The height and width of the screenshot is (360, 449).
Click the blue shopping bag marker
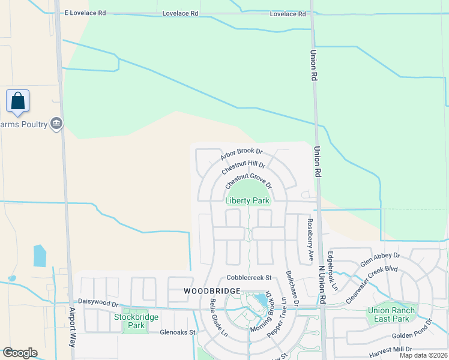[18, 101]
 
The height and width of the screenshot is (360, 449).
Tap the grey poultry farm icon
[56, 124]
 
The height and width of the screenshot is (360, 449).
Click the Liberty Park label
[247, 201]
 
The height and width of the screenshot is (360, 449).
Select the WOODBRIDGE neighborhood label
[212, 290]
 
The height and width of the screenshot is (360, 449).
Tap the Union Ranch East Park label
[391, 314]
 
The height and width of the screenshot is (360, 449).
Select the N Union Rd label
[322, 284]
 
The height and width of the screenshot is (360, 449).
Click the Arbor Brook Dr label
[241, 155]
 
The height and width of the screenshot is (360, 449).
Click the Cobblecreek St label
[249, 278]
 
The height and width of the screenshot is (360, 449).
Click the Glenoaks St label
[178, 332]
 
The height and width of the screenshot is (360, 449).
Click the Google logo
[20, 353]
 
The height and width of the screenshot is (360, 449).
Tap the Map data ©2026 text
[423, 355]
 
